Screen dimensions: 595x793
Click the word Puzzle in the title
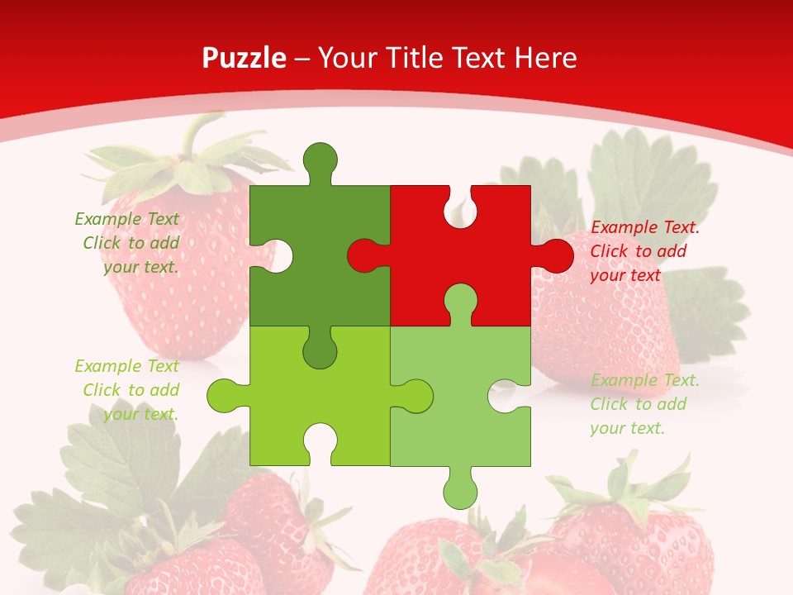pos(245,58)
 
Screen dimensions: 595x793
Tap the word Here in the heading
pos(545,58)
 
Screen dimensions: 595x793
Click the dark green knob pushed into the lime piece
pos(320,350)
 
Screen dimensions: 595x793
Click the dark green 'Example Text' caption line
pos(126,219)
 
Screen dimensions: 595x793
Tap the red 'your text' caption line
pos(625,275)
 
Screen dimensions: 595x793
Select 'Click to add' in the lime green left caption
pos(131,390)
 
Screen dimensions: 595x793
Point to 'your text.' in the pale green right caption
pos(627,428)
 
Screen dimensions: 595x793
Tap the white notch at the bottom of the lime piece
pos(320,442)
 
